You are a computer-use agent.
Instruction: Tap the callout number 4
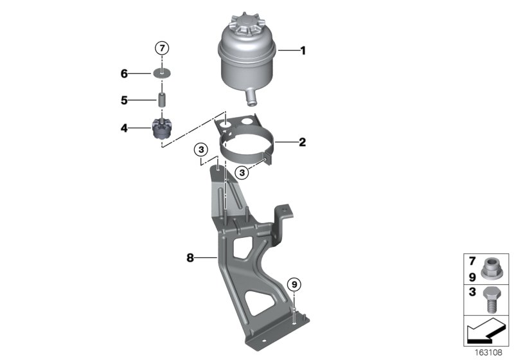pyautogui.click(x=123, y=128)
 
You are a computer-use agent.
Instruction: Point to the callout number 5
pyautogui.click(x=123, y=100)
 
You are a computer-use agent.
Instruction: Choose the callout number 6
pyautogui.click(x=123, y=74)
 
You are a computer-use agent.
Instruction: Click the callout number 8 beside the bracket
pyautogui.click(x=190, y=258)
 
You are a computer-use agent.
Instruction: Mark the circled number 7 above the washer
pyautogui.click(x=163, y=48)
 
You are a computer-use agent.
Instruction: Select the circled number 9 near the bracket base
pyautogui.click(x=294, y=283)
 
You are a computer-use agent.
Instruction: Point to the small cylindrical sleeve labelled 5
pyautogui.click(x=163, y=101)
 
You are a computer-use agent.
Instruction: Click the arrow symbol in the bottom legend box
pyautogui.click(x=485, y=331)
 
